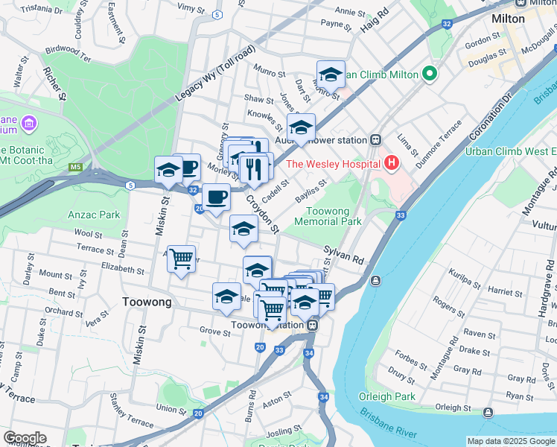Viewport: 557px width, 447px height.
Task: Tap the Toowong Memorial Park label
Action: point(328,216)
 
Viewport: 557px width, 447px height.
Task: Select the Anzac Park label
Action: point(104,215)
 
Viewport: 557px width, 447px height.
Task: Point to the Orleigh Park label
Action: point(387,396)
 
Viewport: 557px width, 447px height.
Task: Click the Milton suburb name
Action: point(508,18)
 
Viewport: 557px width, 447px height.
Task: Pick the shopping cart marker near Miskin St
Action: point(181,259)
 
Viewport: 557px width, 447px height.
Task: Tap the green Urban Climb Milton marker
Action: point(429,74)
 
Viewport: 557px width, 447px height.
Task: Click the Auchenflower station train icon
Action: point(377,139)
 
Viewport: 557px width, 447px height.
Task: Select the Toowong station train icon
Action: point(313,325)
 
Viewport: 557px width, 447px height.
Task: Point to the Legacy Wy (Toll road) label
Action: point(216,74)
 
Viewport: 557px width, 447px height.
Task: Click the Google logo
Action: point(25,438)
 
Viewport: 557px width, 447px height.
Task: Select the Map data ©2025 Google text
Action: point(510,441)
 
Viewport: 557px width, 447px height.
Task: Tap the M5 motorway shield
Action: point(75,167)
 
